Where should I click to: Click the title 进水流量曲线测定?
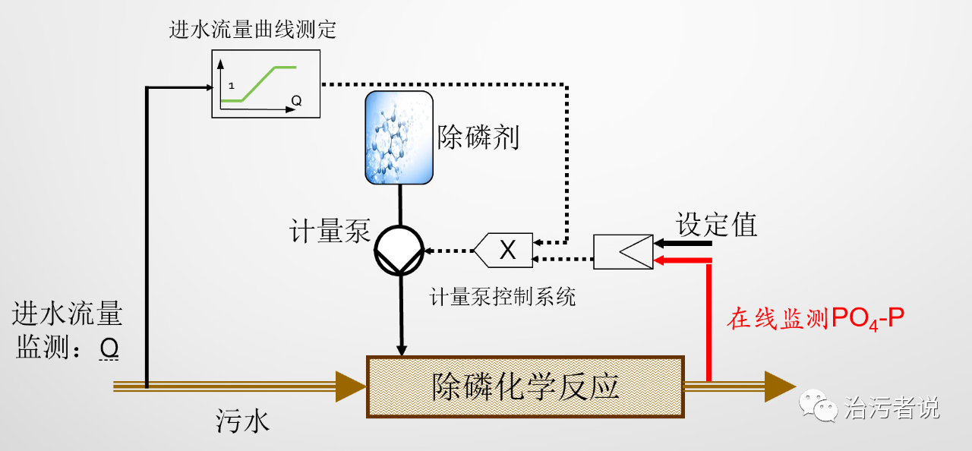click(253, 30)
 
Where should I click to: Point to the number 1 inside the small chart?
click(231, 85)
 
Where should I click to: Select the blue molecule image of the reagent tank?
click(399, 137)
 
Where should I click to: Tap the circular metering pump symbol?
click(399, 250)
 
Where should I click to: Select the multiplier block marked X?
click(506, 250)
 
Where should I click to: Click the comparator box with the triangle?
click(623, 251)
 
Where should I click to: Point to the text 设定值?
click(717, 225)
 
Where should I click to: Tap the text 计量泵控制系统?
click(503, 296)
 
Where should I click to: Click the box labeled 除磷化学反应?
click(525, 386)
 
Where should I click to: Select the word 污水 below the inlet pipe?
click(241, 421)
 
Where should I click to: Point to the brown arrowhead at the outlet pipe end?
click(779, 386)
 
